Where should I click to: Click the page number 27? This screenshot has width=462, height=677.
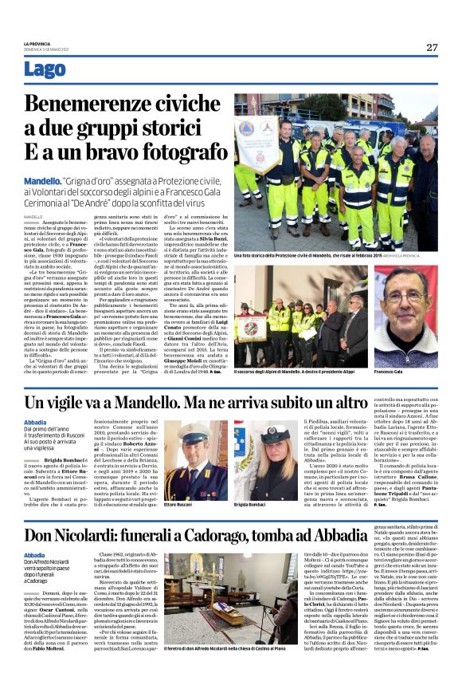(432, 48)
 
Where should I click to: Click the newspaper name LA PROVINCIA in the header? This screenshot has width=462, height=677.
(37, 44)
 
